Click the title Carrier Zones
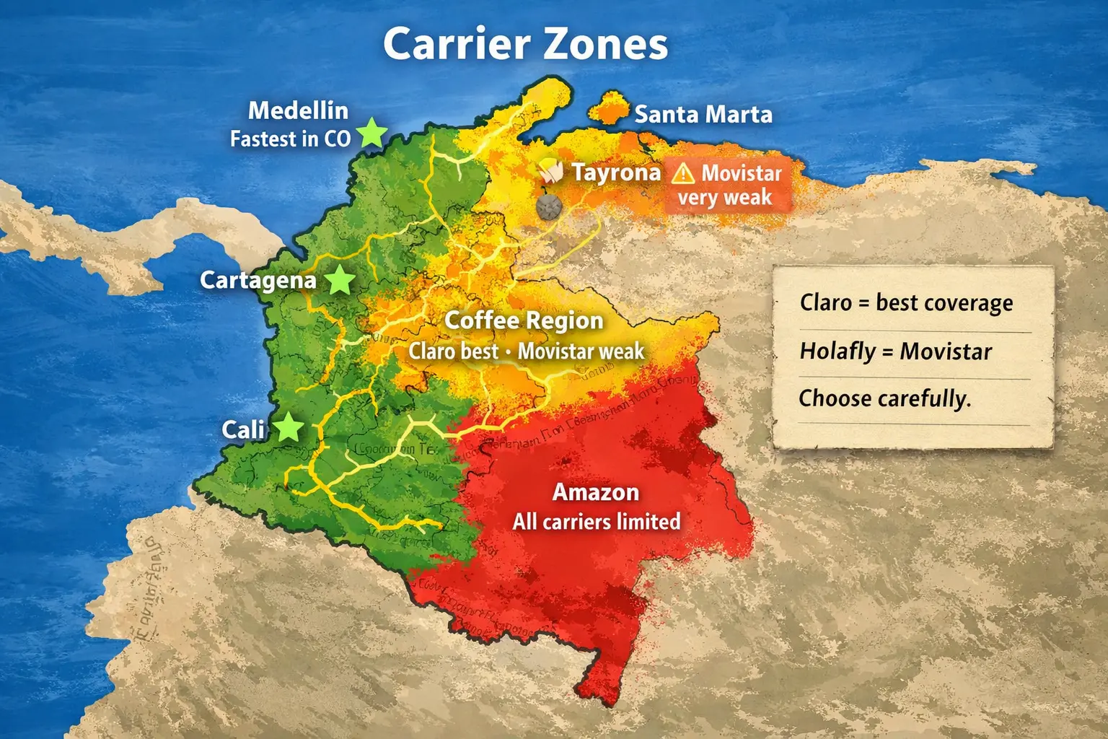pos(525,44)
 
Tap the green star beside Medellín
pos(372,133)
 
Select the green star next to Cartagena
pos(339,280)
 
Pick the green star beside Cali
pos(289,427)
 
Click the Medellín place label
pos(298,110)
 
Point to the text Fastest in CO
pos(290,139)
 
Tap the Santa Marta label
pos(703,114)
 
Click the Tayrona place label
pos(616,172)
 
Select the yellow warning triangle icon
pos(682,174)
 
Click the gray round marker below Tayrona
pos(549,207)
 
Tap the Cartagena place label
pos(258,280)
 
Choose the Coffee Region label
pos(524,320)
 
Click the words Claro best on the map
pos(453,351)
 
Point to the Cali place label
pos(243,430)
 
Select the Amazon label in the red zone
pos(596,492)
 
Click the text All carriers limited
pos(597,522)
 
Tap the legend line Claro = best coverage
pos(906,303)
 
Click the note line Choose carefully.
pos(884,398)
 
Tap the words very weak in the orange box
pos(724,198)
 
